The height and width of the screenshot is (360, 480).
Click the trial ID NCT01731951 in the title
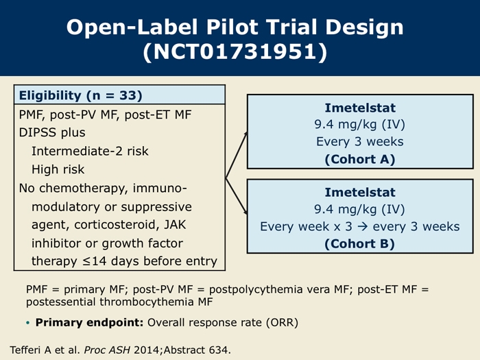pyautogui.click(x=235, y=51)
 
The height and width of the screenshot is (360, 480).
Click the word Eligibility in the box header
pyautogui.click(x=50, y=96)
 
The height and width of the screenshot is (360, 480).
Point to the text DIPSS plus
pyautogui.click(x=52, y=133)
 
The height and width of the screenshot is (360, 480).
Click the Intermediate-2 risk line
pyautogui.click(x=90, y=151)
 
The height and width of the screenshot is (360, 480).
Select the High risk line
pyautogui.click(x=58, y=169)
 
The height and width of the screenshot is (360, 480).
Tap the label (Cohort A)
pyautogui.click(x=360, y=160)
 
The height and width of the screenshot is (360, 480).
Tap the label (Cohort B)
pyautogui.click(x=360, y=244)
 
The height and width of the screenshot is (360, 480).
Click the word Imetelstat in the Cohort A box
pyautogui.click(x=360, y=108)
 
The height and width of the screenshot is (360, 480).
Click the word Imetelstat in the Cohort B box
pyautogui.click(x=360, y=192)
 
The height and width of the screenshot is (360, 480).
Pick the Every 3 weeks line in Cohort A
pyautogui.click(x=360, y=141)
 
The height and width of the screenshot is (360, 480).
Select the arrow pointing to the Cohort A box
pyautogui.click(x=237, y=155)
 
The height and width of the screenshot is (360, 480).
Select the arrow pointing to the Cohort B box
pyautogui.click(x=237, y=196)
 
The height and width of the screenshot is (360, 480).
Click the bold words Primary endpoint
pyautogui.click(x=89, y=323)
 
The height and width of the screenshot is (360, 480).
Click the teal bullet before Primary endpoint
pyautogui.click(x=28, y=323)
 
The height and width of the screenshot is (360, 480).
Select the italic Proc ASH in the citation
pyautogui.click(x=107, y=350)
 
